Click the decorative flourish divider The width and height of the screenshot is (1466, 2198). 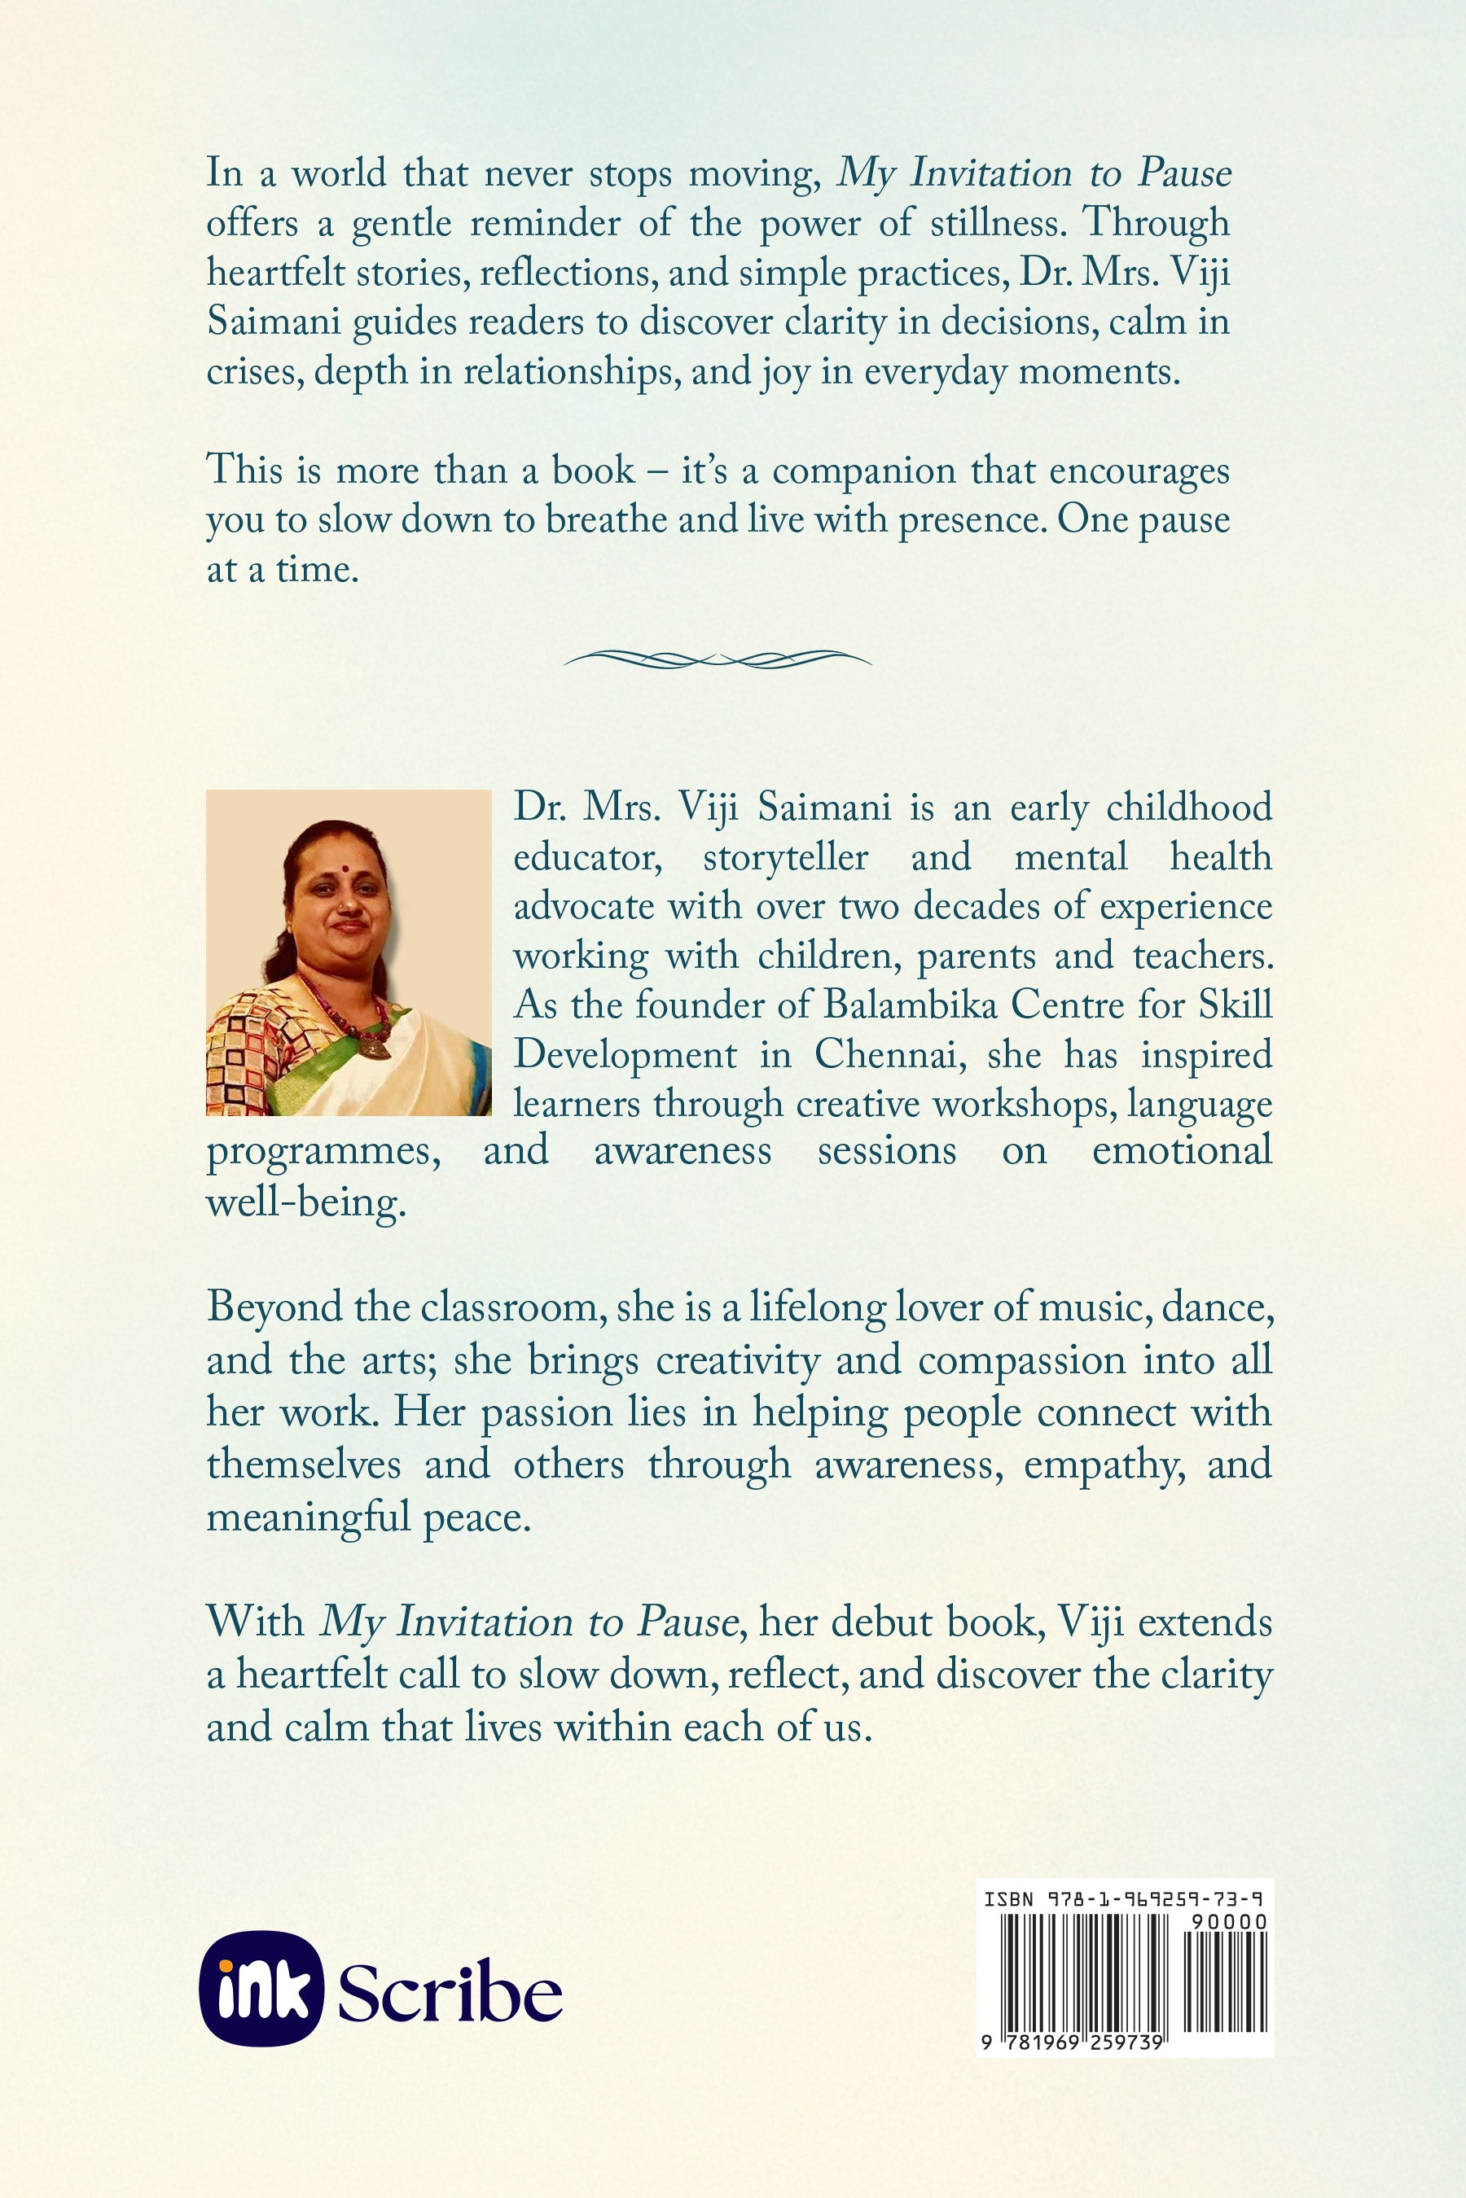(x=718, y=659)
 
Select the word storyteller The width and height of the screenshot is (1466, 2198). (x=785, y=857)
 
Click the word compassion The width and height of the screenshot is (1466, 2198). (x=1022, y=1360)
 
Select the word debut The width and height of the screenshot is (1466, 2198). (x=884, y=1622)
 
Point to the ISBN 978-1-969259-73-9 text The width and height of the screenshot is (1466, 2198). (x=1124, y=1900)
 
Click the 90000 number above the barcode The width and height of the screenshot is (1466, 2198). (x=1228, y=1921)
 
